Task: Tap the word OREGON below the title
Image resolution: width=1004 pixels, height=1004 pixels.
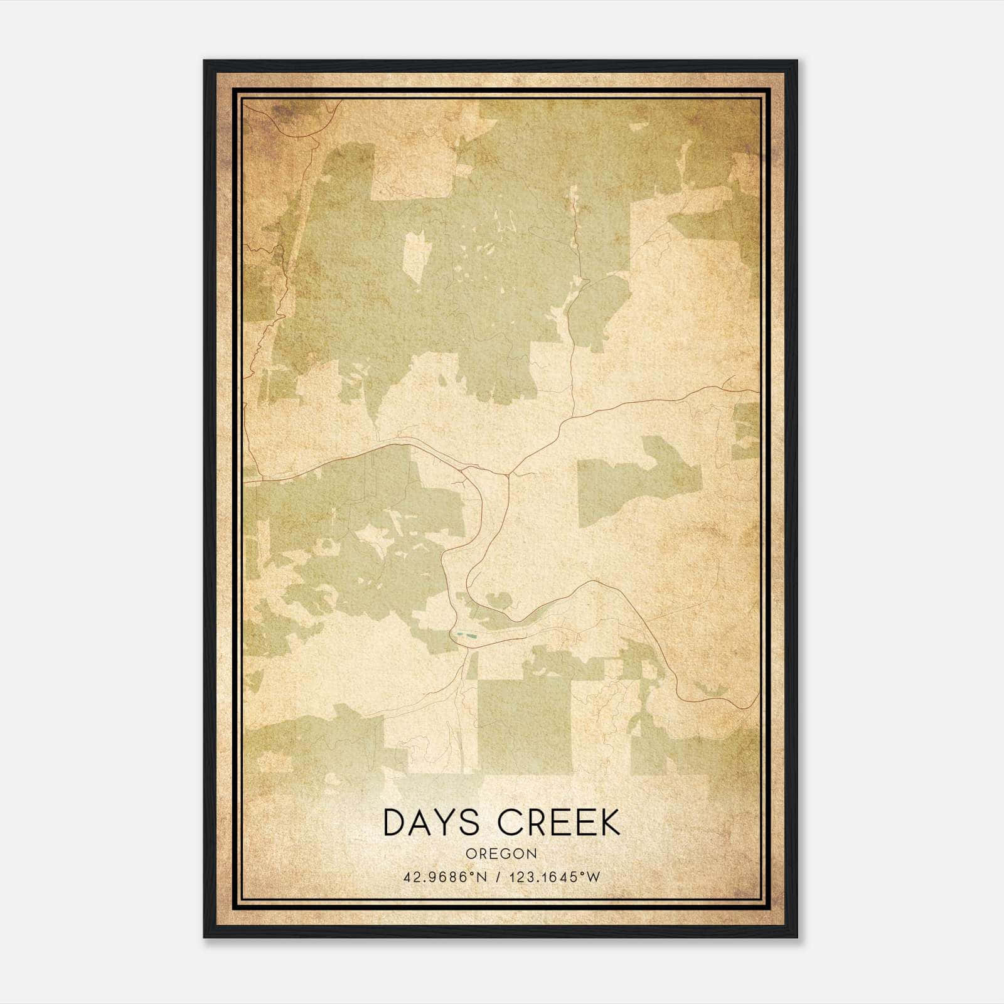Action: [x=501, y=853]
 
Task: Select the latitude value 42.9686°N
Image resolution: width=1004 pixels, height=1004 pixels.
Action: [x=445, y=877]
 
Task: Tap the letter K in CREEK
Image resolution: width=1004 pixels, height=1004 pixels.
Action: [x=608, y=823]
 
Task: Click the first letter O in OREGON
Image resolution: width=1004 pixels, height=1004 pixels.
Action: [x=470, y=853]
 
